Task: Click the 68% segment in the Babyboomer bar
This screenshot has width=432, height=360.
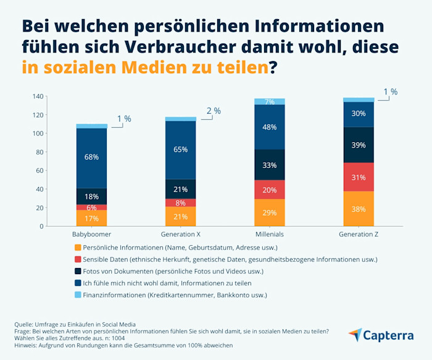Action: [91, 157]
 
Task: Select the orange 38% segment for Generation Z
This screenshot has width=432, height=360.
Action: [359, 209]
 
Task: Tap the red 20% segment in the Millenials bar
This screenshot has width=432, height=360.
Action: [269, 190]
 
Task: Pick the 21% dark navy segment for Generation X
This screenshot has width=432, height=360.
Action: [180, 189]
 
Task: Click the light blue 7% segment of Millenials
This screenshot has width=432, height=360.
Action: [269, 101]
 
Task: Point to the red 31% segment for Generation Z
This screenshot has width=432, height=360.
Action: [359, 177]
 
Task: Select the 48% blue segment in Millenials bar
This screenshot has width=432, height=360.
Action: [269, 127]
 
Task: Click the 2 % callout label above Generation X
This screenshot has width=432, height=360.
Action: [213, 111]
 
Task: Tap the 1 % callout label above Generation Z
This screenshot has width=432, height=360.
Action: [390, 92]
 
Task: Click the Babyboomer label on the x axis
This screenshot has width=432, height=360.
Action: [91, 235]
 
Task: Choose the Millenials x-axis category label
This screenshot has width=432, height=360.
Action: [269, 235]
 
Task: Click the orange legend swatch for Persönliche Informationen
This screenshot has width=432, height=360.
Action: [77, 247]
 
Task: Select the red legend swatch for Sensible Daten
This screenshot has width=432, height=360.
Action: [77, 259]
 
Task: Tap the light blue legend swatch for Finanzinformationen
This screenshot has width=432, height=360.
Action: [77, 295]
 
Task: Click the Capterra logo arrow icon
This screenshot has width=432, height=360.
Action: [355, 335]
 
